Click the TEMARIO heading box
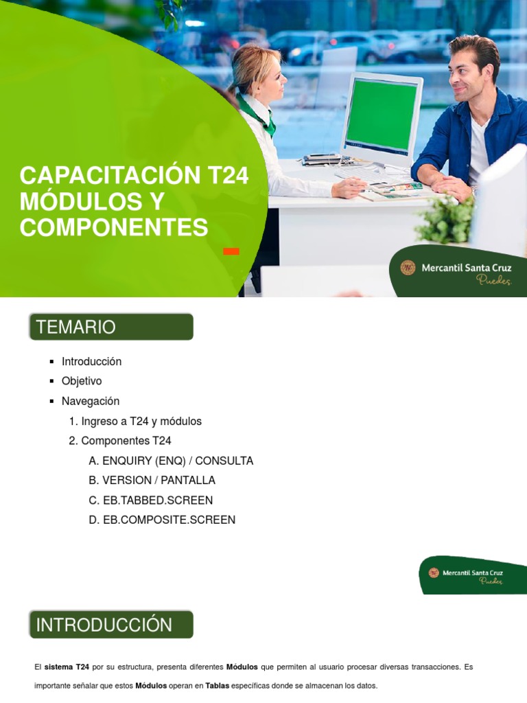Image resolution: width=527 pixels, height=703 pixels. tap(110, 327)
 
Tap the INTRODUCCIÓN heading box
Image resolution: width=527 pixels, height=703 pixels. tap(110, 625)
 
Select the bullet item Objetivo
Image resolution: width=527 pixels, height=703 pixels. tap(82, 381)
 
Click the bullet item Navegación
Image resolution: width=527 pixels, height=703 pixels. tap(90, 401)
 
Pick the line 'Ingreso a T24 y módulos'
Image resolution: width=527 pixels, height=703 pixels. tap(141, 421)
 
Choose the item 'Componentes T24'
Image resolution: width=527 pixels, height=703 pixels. tap(126, 441)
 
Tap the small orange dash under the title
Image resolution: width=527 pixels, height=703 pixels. tap(231, 251)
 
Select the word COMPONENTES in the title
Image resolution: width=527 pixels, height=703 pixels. tap(114, 227)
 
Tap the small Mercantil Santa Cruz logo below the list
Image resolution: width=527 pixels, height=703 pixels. tap(467, 575)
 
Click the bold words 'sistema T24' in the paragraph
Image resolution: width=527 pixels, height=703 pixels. tap(67, 667)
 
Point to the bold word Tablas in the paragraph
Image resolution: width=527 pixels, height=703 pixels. tap(217, 686)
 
